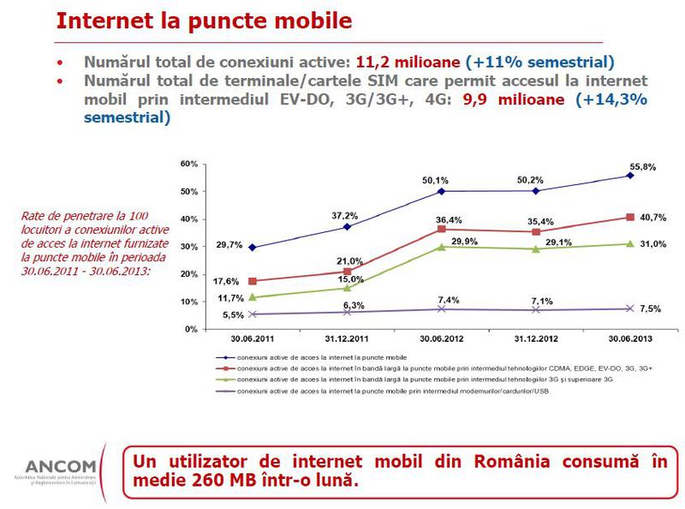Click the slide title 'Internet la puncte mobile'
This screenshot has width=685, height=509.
[x=203, y=20]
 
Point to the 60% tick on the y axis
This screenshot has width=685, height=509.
[x=189, y=164]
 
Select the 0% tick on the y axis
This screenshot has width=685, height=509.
[x=192, y=329]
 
